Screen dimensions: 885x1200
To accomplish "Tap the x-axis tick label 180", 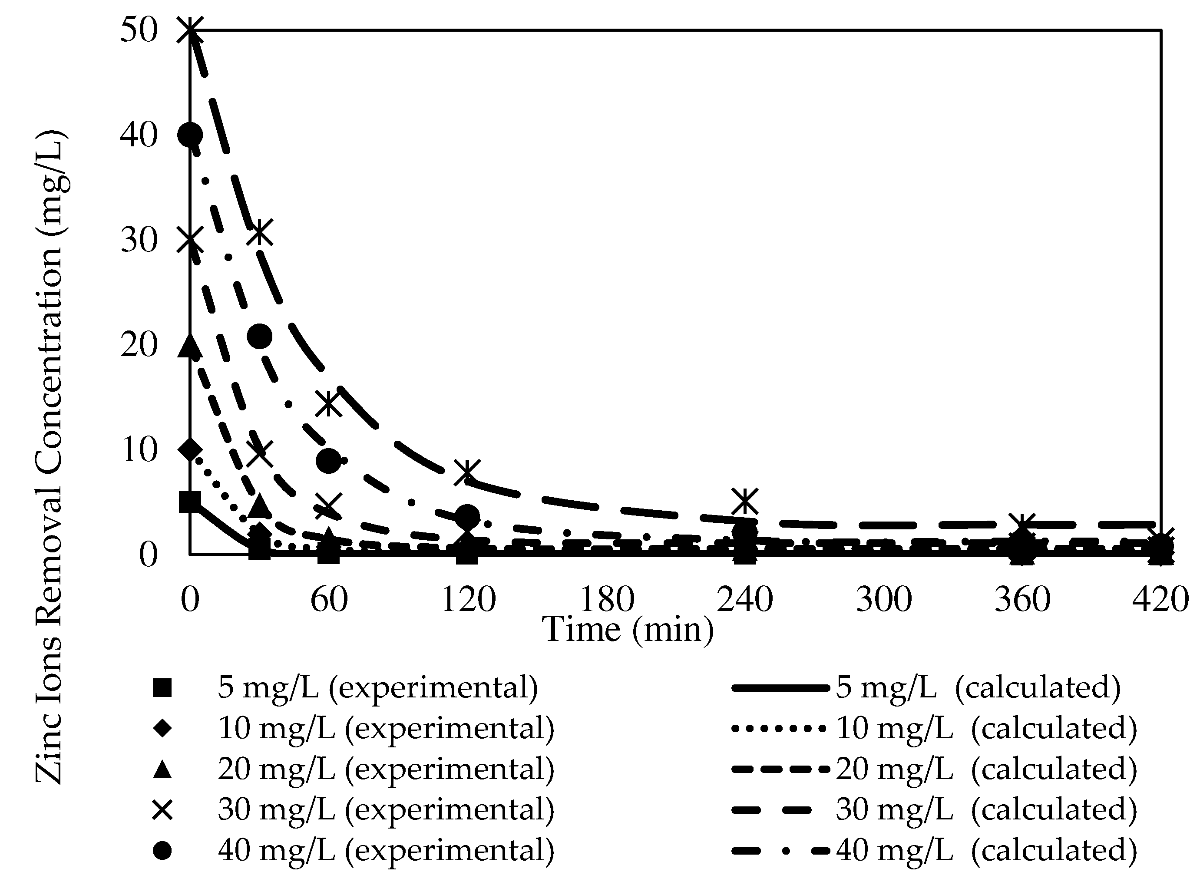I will click(607, 599).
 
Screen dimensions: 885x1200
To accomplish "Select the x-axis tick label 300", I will click(884, 599).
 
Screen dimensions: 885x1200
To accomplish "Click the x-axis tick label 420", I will click(1160, 599).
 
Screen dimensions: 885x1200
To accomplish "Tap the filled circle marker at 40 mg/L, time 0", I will click(191, 135).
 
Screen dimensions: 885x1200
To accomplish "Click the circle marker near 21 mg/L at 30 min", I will click(260, 337).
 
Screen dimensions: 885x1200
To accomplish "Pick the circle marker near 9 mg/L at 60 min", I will click(328, 460).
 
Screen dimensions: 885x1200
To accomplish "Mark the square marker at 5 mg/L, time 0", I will click(190, 502).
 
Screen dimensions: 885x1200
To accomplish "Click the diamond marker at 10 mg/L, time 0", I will click(190, 450).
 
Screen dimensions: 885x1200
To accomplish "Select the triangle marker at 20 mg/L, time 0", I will click(190, 344).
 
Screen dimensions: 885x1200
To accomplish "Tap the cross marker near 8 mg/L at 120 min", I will click(466, 472).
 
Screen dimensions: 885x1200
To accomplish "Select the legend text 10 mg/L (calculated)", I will click(986, 729).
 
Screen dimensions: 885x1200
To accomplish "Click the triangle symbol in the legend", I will click(162, 770).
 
